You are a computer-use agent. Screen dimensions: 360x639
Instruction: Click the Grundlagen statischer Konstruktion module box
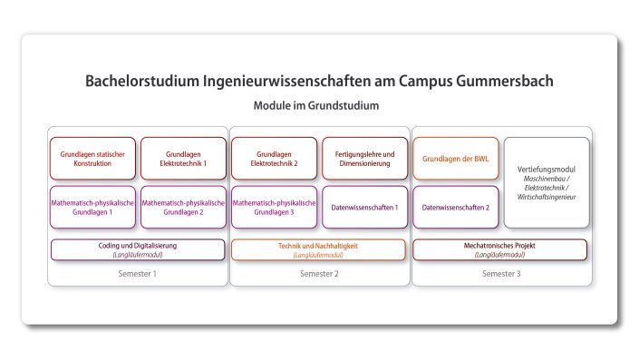coord(92,159)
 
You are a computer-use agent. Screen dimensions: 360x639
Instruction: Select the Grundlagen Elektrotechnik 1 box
coord(183,159)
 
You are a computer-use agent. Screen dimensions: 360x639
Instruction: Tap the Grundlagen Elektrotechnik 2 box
coord(274,159)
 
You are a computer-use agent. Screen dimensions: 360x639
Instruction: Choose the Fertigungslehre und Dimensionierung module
coord(364,159)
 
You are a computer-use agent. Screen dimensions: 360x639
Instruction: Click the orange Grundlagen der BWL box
coord(455,159)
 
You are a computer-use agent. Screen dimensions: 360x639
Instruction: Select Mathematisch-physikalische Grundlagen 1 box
coord(92,207)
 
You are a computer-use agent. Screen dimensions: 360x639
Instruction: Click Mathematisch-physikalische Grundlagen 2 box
coord(183,207)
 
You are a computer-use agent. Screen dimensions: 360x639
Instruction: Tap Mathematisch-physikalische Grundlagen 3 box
coord(274,207)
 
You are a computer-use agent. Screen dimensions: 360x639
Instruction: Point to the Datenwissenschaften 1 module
coord(364,207)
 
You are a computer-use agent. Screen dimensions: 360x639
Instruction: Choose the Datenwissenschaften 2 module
coord(455,207)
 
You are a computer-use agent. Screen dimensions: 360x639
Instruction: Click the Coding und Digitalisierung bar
coord(138,249)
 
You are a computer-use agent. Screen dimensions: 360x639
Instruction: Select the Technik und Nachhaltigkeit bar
coord(319,249)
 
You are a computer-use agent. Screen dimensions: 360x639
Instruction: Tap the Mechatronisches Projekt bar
coord(499,249)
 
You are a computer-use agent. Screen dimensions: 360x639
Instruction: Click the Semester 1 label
coord(138,273)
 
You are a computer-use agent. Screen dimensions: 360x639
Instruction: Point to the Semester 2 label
coord(319,273)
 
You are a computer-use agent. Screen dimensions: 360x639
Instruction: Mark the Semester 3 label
coord(500,273)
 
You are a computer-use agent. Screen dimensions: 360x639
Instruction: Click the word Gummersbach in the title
coord(498,82)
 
